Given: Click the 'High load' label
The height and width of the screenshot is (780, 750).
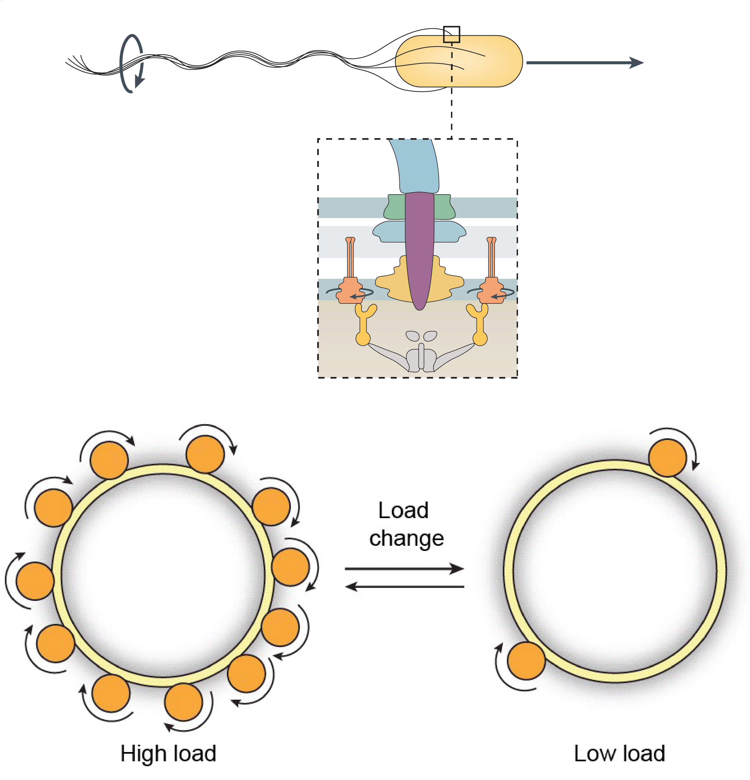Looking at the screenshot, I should (168, 753).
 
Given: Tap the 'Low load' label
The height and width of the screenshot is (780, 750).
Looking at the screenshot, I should (619, 753).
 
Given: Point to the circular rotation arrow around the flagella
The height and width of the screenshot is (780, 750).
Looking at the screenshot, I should (131, 64).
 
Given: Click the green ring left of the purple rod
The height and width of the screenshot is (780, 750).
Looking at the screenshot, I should (395, 207).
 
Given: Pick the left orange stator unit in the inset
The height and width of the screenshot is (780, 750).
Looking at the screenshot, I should (349, 290).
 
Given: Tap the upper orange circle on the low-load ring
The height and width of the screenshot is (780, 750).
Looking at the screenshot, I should (667, 458).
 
